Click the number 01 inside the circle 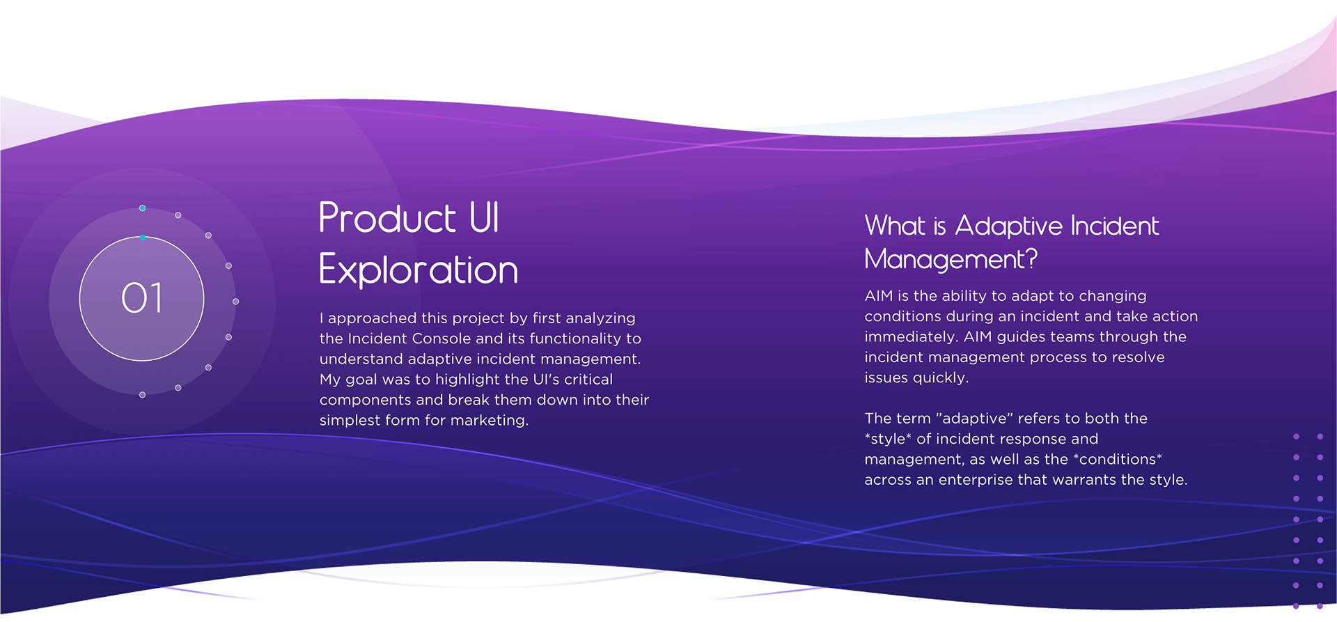click(142, 298)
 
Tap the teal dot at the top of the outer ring click(142, 208)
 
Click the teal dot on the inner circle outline click(143, 238)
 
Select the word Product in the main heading click(387, 218)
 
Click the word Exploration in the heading click(419, 270)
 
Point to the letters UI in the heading click(485, 218)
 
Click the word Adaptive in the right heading click(1009, 226)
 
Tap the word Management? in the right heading click(951, 259)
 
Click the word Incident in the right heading click(1115, 226)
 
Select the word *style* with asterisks click(888, 439)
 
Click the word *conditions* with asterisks click(1118, 460)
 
